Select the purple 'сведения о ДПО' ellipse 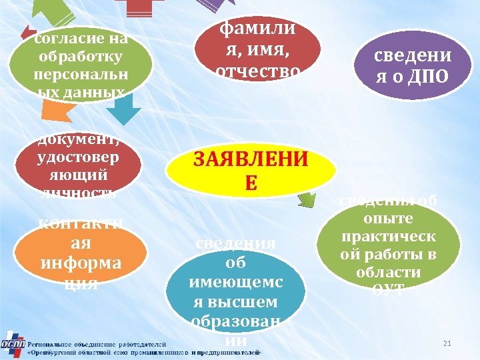click(411, 63)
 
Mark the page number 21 click(447, 343)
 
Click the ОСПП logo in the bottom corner click(13, 343)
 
